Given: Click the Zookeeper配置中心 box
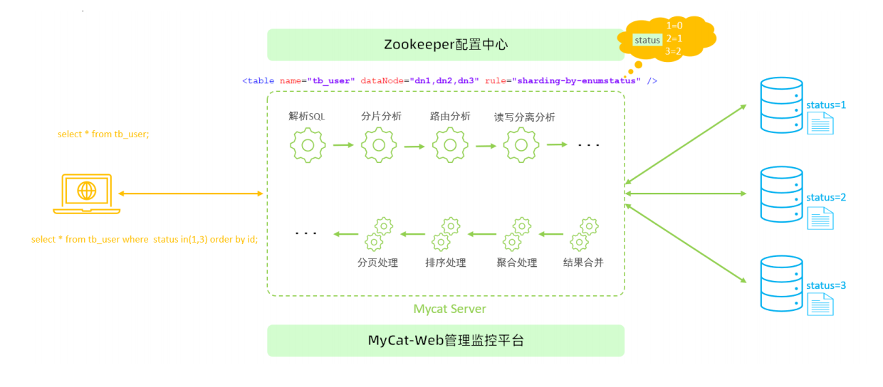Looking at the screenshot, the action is coord(446,45).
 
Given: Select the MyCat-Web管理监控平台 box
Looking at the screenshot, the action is coord(446,341).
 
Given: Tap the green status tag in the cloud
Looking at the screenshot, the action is coord(647,40).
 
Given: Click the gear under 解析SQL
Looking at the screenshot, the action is coord(308,145).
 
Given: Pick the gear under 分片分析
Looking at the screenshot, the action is coord(379,145).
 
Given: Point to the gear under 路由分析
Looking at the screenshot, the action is coord(450,145).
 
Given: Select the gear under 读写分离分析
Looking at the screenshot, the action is coord(521,145).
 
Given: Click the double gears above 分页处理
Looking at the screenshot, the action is coord(379,234).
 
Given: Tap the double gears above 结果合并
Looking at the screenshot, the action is coord(584,234).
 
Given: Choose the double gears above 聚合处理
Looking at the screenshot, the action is coord(517,234).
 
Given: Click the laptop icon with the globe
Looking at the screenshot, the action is coord(87,193).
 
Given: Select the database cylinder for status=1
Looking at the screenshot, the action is coord(781,105).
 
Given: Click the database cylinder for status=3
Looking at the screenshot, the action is coord(781,283).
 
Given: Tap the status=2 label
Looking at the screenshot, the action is coord(826,197).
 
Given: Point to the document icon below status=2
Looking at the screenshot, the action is coord(820,218).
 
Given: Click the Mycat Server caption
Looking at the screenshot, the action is coord(449,309).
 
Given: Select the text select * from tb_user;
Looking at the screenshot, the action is coord(103,134).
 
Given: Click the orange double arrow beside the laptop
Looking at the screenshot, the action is coord(191,193).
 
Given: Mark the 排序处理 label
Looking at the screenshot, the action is coord(446,263).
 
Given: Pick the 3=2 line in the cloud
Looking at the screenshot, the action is coord(673,51).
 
